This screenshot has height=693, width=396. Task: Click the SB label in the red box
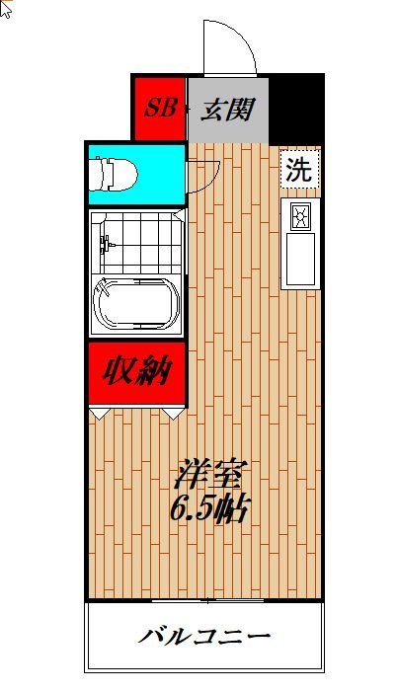[159, 109]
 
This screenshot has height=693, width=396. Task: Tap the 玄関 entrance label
[228, 109]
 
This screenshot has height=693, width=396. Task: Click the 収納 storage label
[136, 372]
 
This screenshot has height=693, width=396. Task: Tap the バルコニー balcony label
[203, 636]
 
